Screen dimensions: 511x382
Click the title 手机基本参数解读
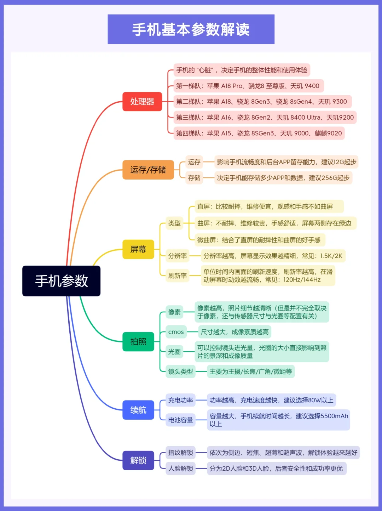point(191,29)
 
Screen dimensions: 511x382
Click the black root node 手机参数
point(61,281)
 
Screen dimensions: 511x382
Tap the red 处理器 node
point(142,102)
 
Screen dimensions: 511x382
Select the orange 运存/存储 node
point(148,170)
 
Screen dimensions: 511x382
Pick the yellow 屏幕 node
point(138,249)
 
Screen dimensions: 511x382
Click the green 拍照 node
point(138,341)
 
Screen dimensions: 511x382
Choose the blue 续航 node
point(138,410)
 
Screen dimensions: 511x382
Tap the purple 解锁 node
point(138,460)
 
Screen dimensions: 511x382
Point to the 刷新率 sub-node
point(177,276)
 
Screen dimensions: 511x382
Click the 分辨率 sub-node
point(177,256)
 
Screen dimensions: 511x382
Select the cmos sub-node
point(176,332)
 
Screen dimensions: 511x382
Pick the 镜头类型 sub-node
point(180,371)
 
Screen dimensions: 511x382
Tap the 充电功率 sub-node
point(180,400)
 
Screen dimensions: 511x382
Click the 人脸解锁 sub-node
point(180,469)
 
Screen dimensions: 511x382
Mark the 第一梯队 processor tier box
point(248,86)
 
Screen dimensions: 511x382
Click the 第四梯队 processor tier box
point(259,133)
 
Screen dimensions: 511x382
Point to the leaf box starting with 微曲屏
point(259,240)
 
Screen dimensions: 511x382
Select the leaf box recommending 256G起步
point(283,178)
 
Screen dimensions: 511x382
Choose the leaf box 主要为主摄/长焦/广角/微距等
point(251,371)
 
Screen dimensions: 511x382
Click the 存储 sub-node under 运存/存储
point(194,178)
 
